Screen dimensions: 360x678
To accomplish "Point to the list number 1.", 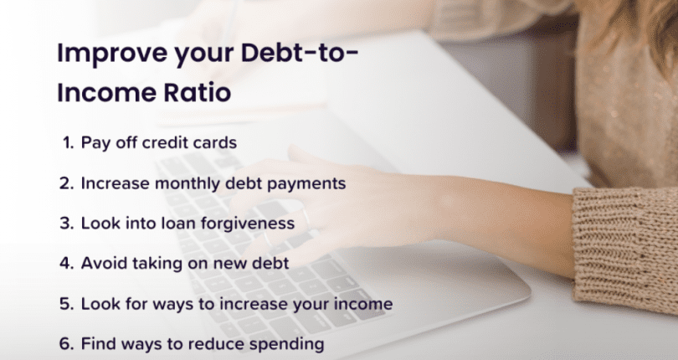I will [x=67, y=142].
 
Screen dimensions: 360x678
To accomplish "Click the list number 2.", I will [x=68, y=183].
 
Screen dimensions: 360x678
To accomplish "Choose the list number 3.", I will [x=68, y=223].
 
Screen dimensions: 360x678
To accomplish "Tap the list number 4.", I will [x=68, y=263].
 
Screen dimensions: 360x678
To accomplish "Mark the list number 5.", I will [x=68, y=303].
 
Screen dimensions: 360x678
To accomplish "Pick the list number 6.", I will [x=68, y=343].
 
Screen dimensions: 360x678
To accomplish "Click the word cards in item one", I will [x=216, y=142].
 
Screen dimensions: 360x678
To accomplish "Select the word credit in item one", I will [x=165, y=142].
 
